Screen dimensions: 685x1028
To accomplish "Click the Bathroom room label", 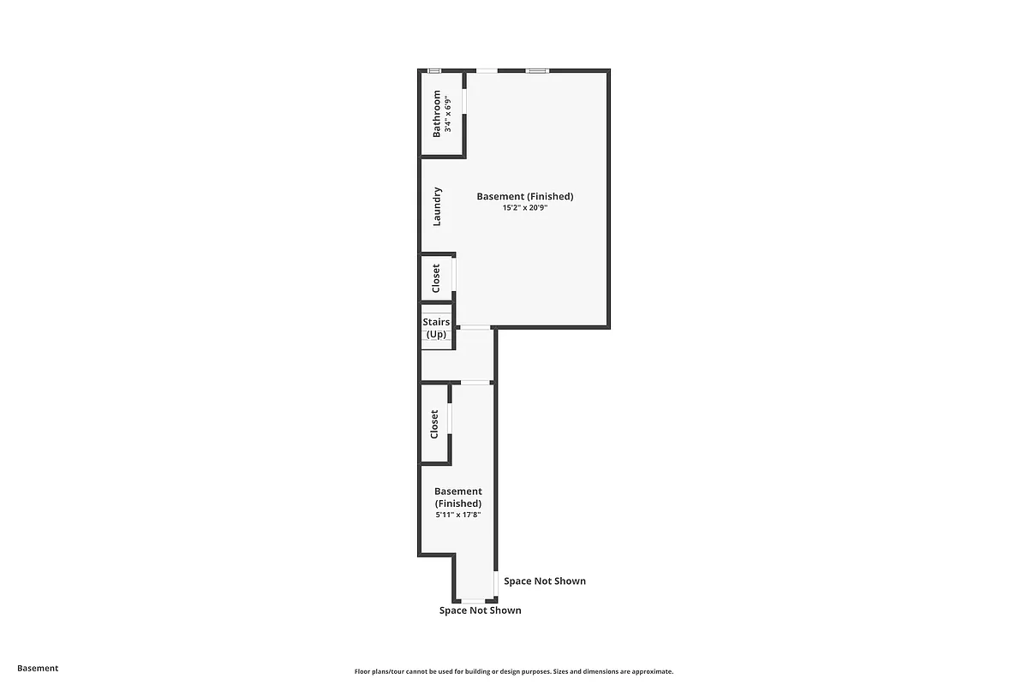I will pyautogui.click(x=437, y=113).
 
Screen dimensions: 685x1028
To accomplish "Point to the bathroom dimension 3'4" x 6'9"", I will pyautogui.click(x=447, y=114).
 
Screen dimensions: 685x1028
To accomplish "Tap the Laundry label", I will pyautogui.click(x=437, y=206).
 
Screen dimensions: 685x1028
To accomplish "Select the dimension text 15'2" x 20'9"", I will pyautogui.click(x=525, y=208).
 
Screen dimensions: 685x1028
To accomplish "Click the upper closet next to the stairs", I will pyautogui.click(x=436, y=277).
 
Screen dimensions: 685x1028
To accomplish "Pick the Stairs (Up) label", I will pyautogui.click(x=436, y=328).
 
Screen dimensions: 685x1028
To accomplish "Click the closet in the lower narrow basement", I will pyautogui.click(x=434, y=424).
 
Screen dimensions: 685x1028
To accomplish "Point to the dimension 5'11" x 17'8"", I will pyautogui.click(x=458, y=515).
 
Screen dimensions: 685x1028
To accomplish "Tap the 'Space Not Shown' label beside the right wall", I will pyautogui.click(x=545, y=581).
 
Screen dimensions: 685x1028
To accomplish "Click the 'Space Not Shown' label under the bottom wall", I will pyautogui.click(x=480, y=611).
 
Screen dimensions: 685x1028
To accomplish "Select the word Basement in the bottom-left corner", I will pyautogui.click(x=38, y=668).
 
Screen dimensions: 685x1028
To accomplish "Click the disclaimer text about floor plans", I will pyautogui.click(x=514, y=672).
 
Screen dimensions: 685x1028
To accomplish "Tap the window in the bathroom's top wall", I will pyautogui.click(x=434, y=71).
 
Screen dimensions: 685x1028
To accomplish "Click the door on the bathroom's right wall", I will pyautogui.click(x=465, y=101).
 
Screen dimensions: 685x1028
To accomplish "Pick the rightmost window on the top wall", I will pyautogui.click(x=537, y=71).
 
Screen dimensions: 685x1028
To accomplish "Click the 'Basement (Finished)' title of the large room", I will pyautogui.click(x=525, y=196).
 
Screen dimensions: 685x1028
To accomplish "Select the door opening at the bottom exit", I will pyautogui.click(x=474, y=601).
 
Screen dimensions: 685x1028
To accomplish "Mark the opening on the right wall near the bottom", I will pyautogui.click(x=496, y=583).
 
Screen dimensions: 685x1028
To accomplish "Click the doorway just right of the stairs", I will pyautogui.click(x=475, y=327).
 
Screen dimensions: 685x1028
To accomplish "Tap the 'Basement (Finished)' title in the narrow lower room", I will pyautogui.click(x=458, y=497).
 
